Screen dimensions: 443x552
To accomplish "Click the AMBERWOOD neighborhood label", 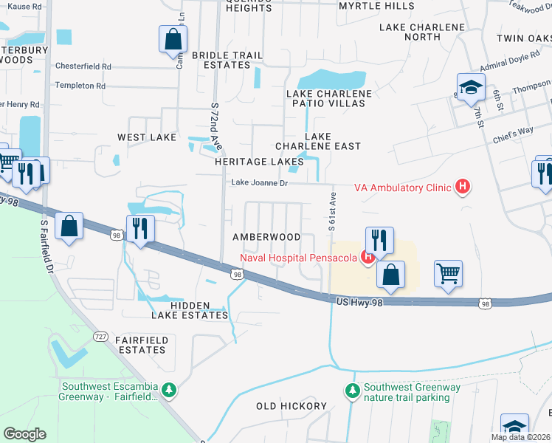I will [266, 237].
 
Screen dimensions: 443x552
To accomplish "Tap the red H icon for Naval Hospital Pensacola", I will [365, 258].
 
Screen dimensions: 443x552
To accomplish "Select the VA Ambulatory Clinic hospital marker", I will [462, 188].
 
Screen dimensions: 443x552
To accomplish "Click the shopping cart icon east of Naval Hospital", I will [448, 274].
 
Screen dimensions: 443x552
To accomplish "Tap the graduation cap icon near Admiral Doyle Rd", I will [470, 88].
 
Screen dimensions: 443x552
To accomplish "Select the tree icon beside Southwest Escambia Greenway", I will [169, 388].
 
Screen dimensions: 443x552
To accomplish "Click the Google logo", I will [24, 433].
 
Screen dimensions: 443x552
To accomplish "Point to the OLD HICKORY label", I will [291, 406].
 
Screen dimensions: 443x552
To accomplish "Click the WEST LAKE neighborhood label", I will [146, 137].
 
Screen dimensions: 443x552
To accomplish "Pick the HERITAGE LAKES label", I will [259, 161].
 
